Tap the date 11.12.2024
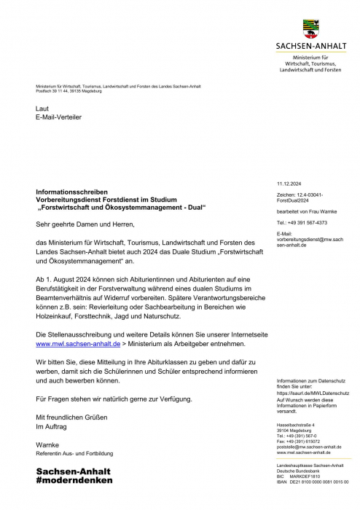coord(291,184)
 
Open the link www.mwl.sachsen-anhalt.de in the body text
coord(79,342)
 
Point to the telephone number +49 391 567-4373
coord(302,222)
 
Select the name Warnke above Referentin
coord(47,444)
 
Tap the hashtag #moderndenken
coord(74,481)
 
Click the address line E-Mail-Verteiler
coord(58,117)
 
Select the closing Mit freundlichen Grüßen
coord(71,416)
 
